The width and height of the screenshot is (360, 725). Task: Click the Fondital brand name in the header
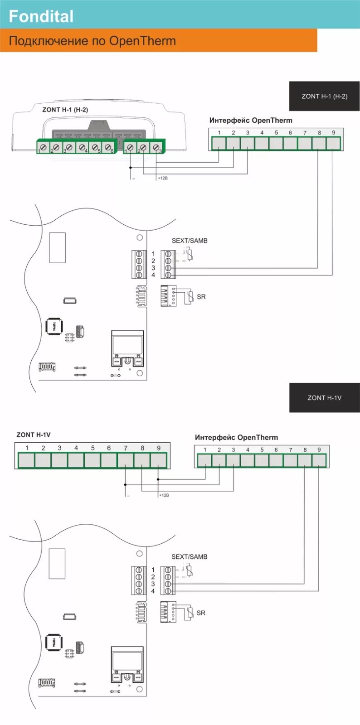click(41, 16)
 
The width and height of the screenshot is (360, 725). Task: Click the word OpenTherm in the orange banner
click(142, 41)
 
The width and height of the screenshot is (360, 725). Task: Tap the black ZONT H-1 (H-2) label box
click(324, 96)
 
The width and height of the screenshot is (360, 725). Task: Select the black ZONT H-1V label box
click(324, 398)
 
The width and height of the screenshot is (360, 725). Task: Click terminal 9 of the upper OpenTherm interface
click(333, 143)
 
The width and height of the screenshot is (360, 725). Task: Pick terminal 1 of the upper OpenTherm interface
click(219, 143)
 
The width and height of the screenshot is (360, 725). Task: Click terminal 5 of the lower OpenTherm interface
click(262, 460)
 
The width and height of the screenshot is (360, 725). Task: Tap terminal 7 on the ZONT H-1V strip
click(125, 460)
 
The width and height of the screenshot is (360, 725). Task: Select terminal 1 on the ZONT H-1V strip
click(26, 460)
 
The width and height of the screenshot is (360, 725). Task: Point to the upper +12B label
click(163, 179)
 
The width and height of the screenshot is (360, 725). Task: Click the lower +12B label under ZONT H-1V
click(164, 495)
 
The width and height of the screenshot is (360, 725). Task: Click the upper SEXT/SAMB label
click(190, 241)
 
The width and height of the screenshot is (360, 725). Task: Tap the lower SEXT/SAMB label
click(189, 557)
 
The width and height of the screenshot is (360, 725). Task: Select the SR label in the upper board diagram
click(201, 297)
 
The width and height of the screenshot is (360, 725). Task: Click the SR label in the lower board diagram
click(201, 613)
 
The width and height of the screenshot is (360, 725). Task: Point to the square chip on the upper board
click(54, 327)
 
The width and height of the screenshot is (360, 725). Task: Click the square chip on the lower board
click(54, 643)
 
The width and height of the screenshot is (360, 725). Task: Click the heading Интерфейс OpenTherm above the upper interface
click(251, 121)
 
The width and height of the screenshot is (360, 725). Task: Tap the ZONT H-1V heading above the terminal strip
click(34, 435)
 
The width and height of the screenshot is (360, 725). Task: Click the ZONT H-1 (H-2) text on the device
click(65, 110)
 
